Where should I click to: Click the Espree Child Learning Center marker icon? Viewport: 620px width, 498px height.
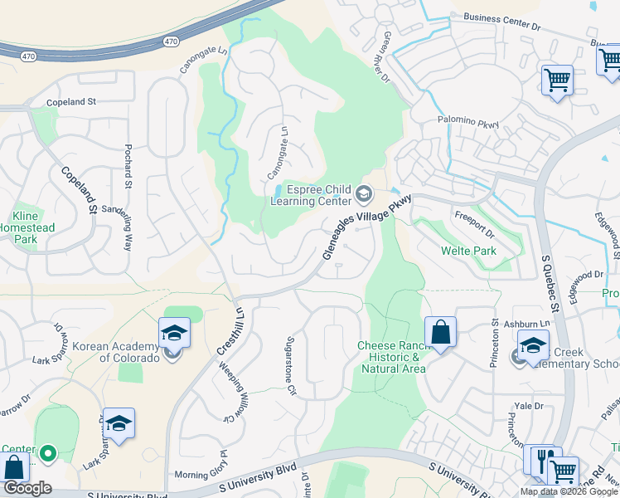[x=363, y=195]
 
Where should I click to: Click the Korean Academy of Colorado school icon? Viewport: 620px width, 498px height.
[x=173, y=334]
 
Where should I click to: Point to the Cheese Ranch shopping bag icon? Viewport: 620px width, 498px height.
[x=441, y=332]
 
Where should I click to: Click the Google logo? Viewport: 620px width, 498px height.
[x=27, y=488]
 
